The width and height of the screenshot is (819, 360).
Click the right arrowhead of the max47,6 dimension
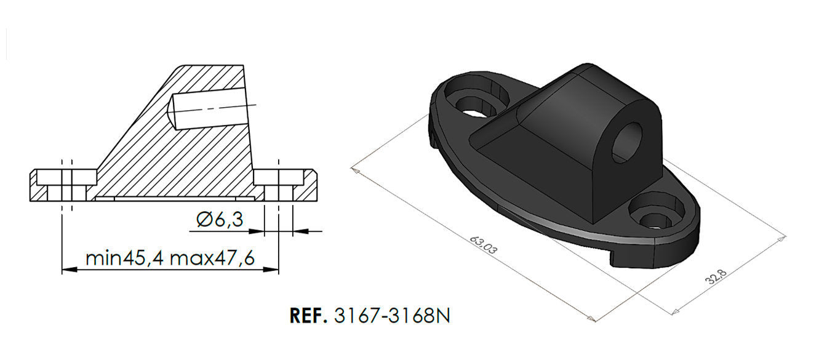pos(274,270)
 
